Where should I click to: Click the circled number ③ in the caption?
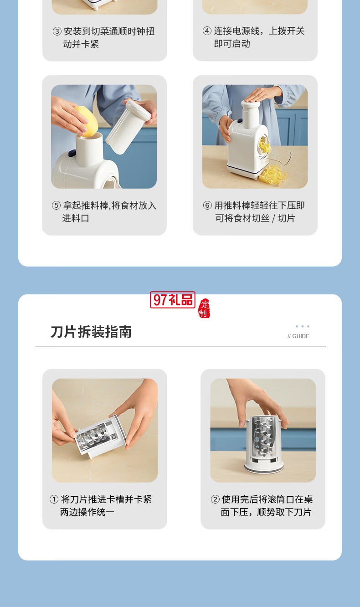point(57,31)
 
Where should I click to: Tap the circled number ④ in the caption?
point(207,31)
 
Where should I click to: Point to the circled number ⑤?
point(56,205)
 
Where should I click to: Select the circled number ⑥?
point(207,205)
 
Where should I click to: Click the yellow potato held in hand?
point(87,121)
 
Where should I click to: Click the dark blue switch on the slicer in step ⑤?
point(72,154)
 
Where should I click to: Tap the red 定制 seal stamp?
point(204,309)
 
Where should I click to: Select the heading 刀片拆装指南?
point(91,332)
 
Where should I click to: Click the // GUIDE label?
point(298,336)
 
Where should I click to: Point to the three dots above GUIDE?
point(302,326)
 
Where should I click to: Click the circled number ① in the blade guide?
point(54,499)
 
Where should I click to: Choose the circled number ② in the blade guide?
point(215,499)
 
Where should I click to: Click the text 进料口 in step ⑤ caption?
point(76,218)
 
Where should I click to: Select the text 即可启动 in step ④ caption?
point(232,44)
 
